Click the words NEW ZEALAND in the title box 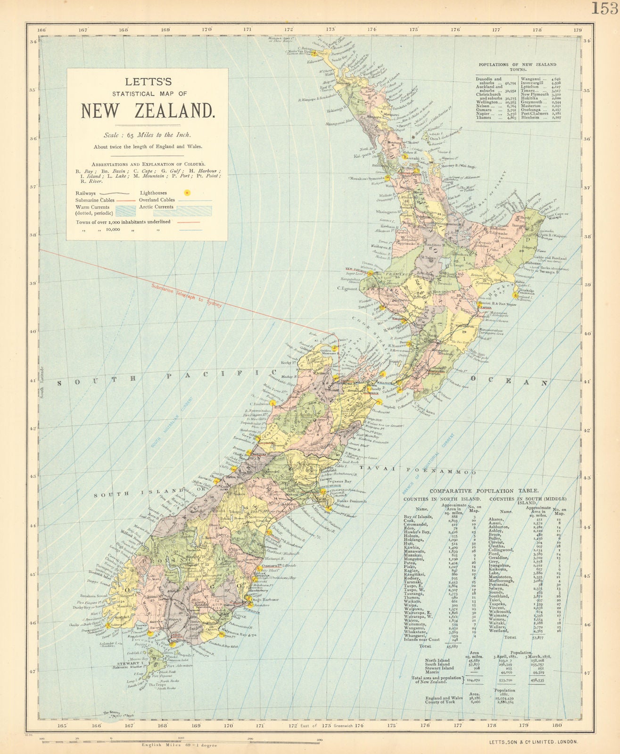click(148, 111)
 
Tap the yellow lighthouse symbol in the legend click(187, 193)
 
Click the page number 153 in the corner click(605, 8)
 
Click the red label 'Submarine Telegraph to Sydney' click(186, 295)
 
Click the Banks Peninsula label click(358, 501)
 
